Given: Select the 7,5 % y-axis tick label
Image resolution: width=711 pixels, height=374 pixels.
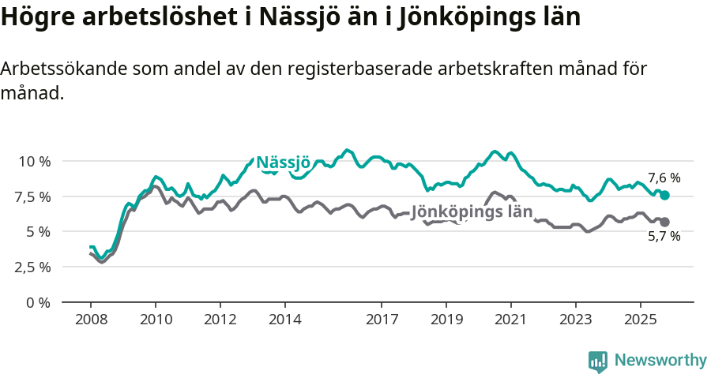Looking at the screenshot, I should coord(33,196).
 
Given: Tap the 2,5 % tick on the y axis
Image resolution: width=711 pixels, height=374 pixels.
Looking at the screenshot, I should coord(33,267).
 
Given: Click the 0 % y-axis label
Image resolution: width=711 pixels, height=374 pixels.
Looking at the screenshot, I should coord(38,302).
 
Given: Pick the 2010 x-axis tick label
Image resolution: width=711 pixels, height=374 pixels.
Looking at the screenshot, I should coord(155,320).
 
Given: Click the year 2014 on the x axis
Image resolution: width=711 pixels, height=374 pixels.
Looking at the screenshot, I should coord(284,320).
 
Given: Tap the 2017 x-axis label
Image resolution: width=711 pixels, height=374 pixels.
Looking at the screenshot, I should coord(382,320).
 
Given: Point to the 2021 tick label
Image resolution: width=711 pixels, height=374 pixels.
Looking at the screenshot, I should coord(511,320).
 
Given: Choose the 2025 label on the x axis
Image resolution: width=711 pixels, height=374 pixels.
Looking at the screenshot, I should coord(640,320).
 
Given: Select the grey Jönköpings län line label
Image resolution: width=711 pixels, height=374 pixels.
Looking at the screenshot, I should coord(472,211).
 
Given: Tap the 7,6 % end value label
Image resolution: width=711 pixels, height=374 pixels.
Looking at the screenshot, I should coord(664,178).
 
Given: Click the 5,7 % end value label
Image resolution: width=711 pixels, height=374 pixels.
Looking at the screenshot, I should coord(664,236).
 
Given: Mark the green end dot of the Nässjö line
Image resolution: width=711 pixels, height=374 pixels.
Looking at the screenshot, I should coord(664,195).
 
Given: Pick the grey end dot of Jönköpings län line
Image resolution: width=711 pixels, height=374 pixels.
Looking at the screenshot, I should coord(664,222).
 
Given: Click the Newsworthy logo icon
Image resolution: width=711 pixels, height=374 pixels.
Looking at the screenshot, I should coord(598,361).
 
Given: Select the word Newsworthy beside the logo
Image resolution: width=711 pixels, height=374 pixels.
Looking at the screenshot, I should coord(660,361).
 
